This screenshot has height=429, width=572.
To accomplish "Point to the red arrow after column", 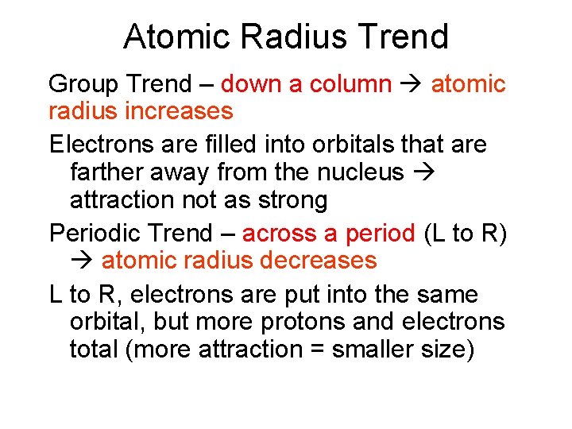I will click(412, 84).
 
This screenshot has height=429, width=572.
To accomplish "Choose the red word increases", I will click(180, 111).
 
